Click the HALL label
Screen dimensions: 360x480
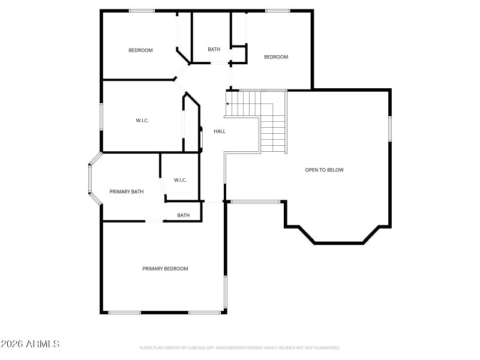(x=220, y=131)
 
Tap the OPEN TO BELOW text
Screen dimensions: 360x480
(x=324, y=170)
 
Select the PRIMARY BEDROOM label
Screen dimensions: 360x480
(x=165, y=269)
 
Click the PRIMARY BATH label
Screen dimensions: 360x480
(x=127, y=192)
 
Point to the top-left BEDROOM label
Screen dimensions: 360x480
(x=140, y=50)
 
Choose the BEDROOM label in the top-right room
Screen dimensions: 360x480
(x=276, y=57)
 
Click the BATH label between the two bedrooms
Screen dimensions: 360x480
(x=214, y=49)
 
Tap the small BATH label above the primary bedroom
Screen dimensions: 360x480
(x=183, y=215)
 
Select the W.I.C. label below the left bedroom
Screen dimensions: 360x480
(x=142, y=121)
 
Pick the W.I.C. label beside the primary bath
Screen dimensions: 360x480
(x=181, y=180)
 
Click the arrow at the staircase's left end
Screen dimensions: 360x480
(x=228, y=103)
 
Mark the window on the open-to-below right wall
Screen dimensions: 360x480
(x=390, y=128)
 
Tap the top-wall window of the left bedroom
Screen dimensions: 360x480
(x=142, y=11)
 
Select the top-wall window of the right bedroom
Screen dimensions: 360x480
(x=277, y=11)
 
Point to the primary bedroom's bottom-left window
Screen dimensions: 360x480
(x=124, y=313)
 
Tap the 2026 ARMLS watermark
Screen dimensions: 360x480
(x=30, y=344)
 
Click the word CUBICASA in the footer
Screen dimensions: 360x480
(x=195, y=348)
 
